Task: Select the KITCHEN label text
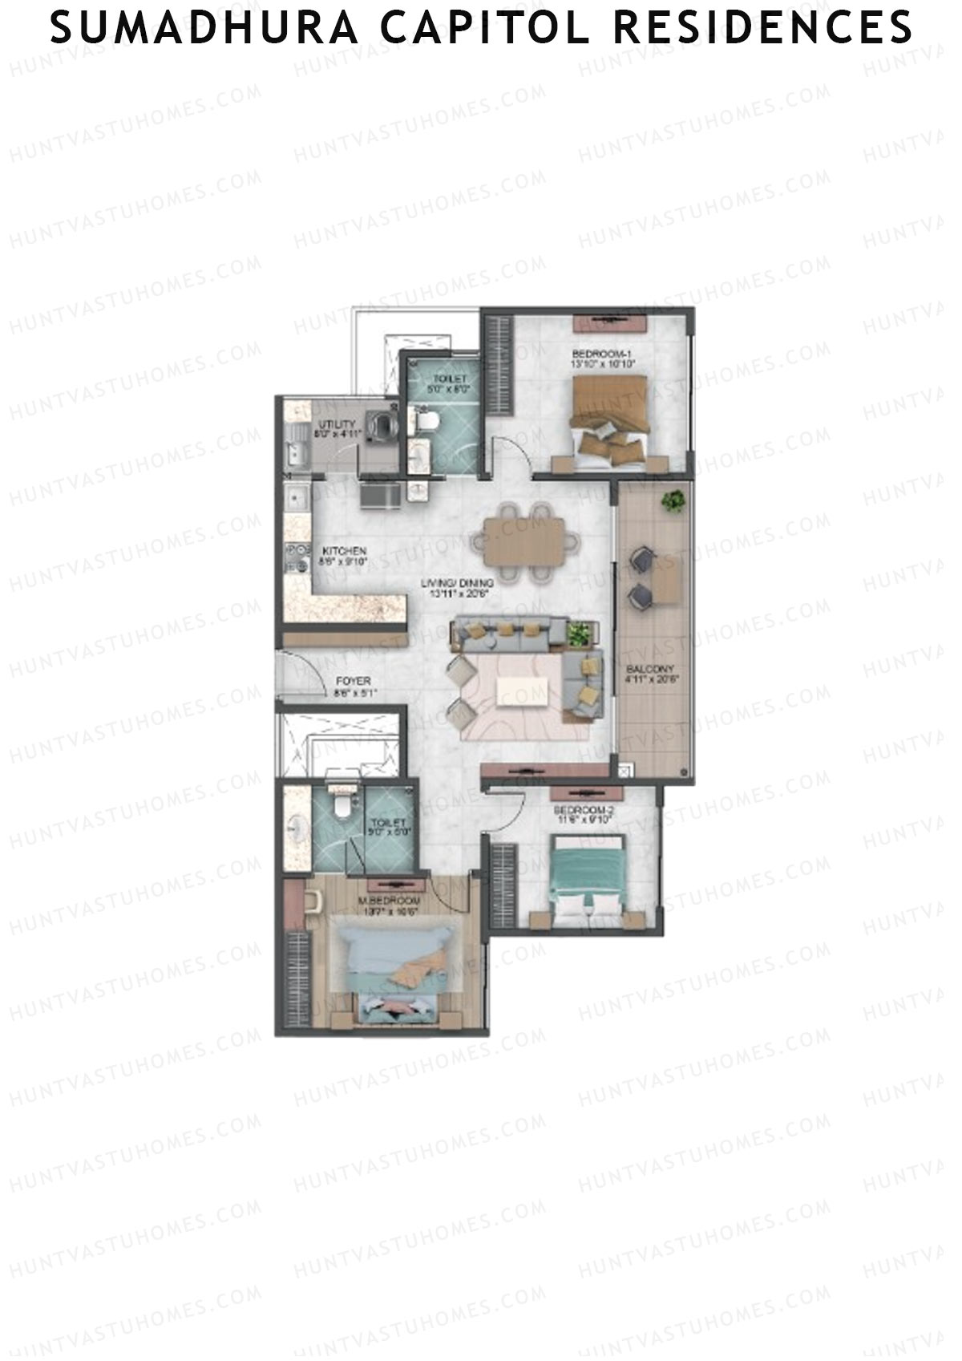[x=344, y=551]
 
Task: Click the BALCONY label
[x=650, y=669]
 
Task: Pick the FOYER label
[x=353, y=682]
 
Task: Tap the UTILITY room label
[x=336, y=424]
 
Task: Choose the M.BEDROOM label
[x=391, y=901]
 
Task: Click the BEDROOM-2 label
[x=584, y=811]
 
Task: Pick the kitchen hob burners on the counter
[x=297, y=558]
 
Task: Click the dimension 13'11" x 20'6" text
[x=457, y=594]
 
